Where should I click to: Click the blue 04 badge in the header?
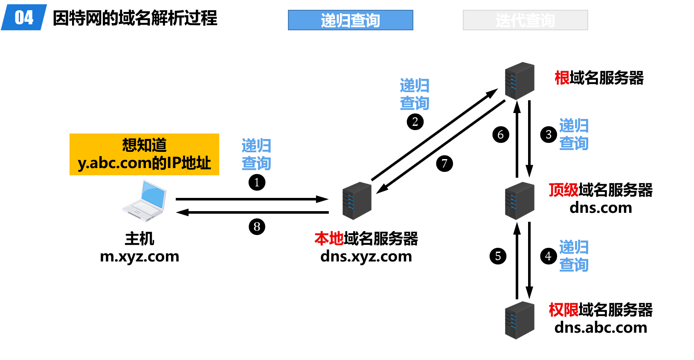(x=24, y=17)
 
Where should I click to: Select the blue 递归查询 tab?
(x=350, y=20)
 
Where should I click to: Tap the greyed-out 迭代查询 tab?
(x=526, y=20)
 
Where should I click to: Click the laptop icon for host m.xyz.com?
(x=144, y=201)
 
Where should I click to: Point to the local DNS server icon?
(x=357, y=201)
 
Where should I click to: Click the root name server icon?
(x=520, y=81)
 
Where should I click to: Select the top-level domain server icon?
(x=520, y=201)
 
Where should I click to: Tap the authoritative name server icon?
(x=520, y=320)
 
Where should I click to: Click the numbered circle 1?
(x=257, y=183)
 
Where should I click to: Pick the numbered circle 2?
(x=415, y=122)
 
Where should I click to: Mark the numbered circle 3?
(x=549, y=134)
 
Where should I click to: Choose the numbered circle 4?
(x=549, y=256)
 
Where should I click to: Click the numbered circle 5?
(x=498, y=256)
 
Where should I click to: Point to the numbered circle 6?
(x=501, y=134)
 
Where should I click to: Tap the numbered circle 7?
(x=444, y=164)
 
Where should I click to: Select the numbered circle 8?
(x=257, y=227)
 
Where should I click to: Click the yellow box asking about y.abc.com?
(x=144, y=154)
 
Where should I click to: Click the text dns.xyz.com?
(x=366, y=256)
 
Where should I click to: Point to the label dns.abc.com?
(x=601, y=328)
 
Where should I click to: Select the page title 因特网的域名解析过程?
(x=135, y=18)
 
